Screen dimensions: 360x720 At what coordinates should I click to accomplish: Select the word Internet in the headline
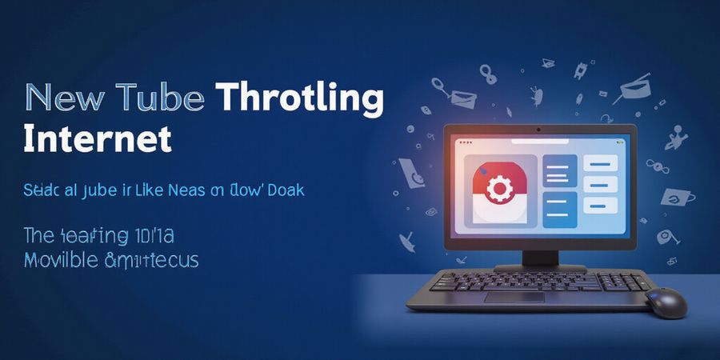pos(98,138)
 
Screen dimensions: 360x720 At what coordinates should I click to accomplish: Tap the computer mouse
pos(666,302)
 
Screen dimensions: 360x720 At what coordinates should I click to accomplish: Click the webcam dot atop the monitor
pos(539,129)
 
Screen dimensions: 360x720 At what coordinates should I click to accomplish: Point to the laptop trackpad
pos(514,297)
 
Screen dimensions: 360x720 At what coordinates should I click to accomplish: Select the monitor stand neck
pos(539,258)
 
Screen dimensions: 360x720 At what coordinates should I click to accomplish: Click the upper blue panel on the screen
pos(560,171)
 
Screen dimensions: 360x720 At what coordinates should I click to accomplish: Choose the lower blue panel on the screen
pos(560,210)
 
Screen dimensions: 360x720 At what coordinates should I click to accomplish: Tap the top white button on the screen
pos(600,163)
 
